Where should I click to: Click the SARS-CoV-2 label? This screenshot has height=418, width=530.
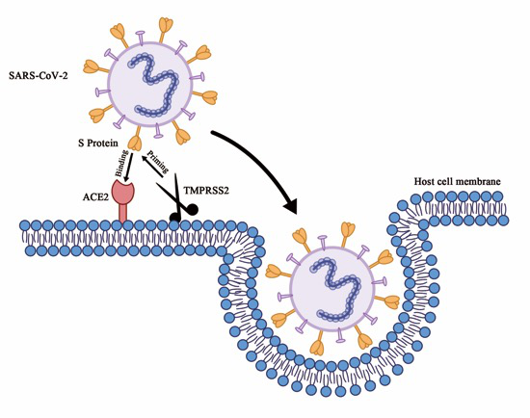(39, 75)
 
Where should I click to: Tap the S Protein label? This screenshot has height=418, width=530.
(98, 144)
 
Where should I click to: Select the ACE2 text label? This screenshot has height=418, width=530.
(95, 196)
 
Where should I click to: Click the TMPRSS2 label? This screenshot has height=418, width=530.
(206, 191)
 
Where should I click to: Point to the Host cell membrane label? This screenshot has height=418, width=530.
(458, 182)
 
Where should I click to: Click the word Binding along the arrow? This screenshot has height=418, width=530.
(122, 163)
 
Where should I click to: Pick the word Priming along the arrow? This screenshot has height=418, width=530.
(158, 162)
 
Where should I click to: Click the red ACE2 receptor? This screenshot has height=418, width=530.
(123, 200)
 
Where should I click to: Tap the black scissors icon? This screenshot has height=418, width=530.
(176, 198)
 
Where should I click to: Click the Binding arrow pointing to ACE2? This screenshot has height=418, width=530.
(129, 168)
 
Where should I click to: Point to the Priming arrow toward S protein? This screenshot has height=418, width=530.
(154, 166)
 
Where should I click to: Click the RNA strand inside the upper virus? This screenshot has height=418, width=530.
(154, 86)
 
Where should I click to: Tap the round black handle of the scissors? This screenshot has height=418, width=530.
(192, 210)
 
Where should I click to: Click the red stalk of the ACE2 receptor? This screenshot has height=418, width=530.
(123, 213)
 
